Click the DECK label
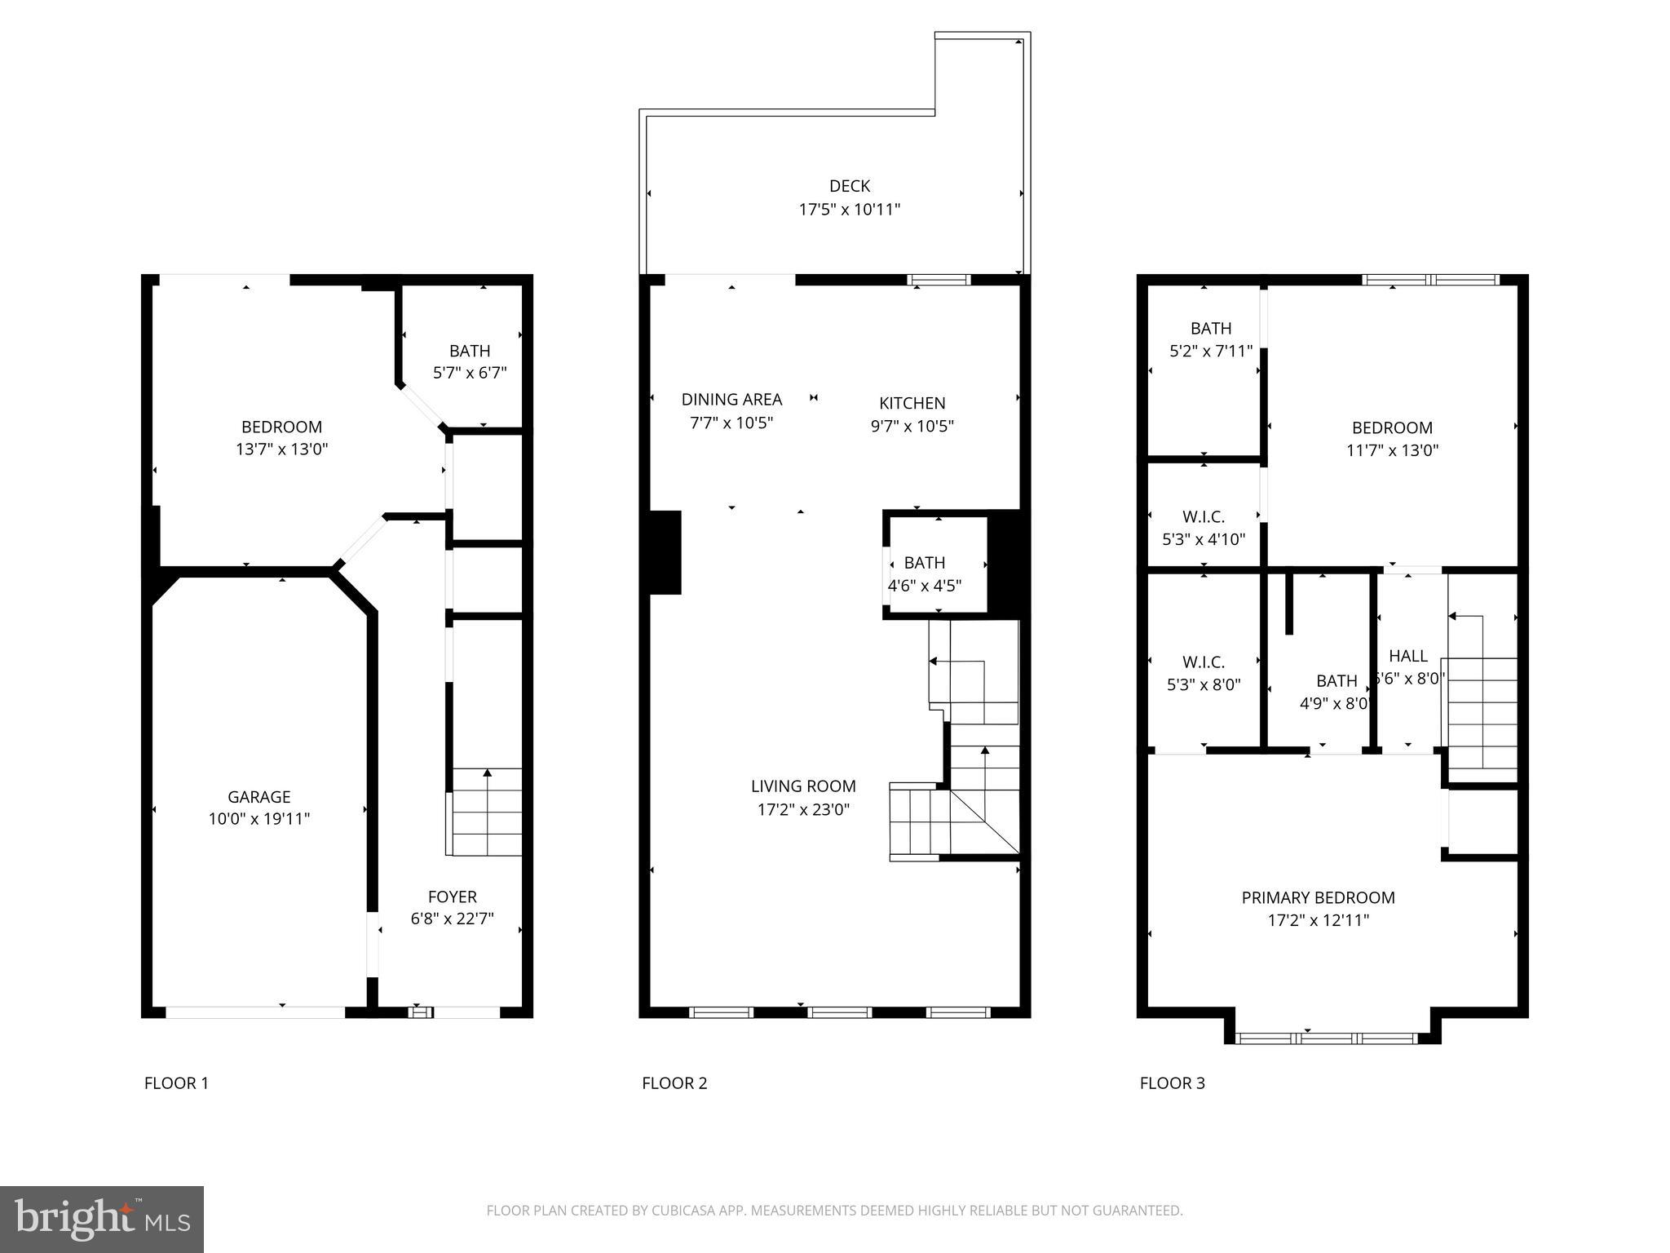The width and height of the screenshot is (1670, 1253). tap(849, 186)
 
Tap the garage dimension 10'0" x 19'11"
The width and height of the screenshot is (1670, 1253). tap(258, 819)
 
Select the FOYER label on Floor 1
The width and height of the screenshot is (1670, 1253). tap(452, 897)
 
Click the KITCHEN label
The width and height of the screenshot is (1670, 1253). tap(912, 403)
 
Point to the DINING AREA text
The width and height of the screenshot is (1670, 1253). tap(731, 400)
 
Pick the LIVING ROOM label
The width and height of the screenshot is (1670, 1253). tap(803, 786)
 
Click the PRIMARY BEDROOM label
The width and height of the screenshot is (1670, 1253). tap(1318, 897)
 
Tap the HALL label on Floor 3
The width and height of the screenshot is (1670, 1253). tap(1407, 656)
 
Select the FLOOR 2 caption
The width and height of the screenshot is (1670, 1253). tap(674, 1083)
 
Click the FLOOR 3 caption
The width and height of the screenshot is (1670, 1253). tap(1172, 1083)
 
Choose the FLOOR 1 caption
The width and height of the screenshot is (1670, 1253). tap(176, 1083)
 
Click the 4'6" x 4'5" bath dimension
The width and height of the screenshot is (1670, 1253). tap(924, 586)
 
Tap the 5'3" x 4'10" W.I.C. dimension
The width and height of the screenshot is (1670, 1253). tap(1203, 539)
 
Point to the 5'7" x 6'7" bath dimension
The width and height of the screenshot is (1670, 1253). tap(470, 373)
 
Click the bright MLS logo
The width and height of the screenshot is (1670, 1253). tap(101, 1220)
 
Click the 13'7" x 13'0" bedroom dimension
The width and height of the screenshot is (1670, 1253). tap(281, 449)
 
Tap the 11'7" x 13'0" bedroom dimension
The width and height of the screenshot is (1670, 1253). tap(1392, 449)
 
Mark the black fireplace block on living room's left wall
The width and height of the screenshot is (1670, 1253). tap(665, 552)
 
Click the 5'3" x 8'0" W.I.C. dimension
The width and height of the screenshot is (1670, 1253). tap(1204, 684)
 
